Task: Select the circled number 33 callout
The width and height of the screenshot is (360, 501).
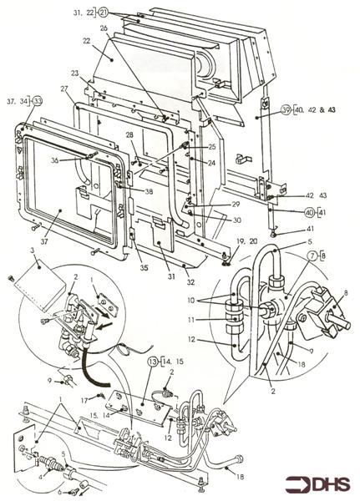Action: click(x=38, y=101)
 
